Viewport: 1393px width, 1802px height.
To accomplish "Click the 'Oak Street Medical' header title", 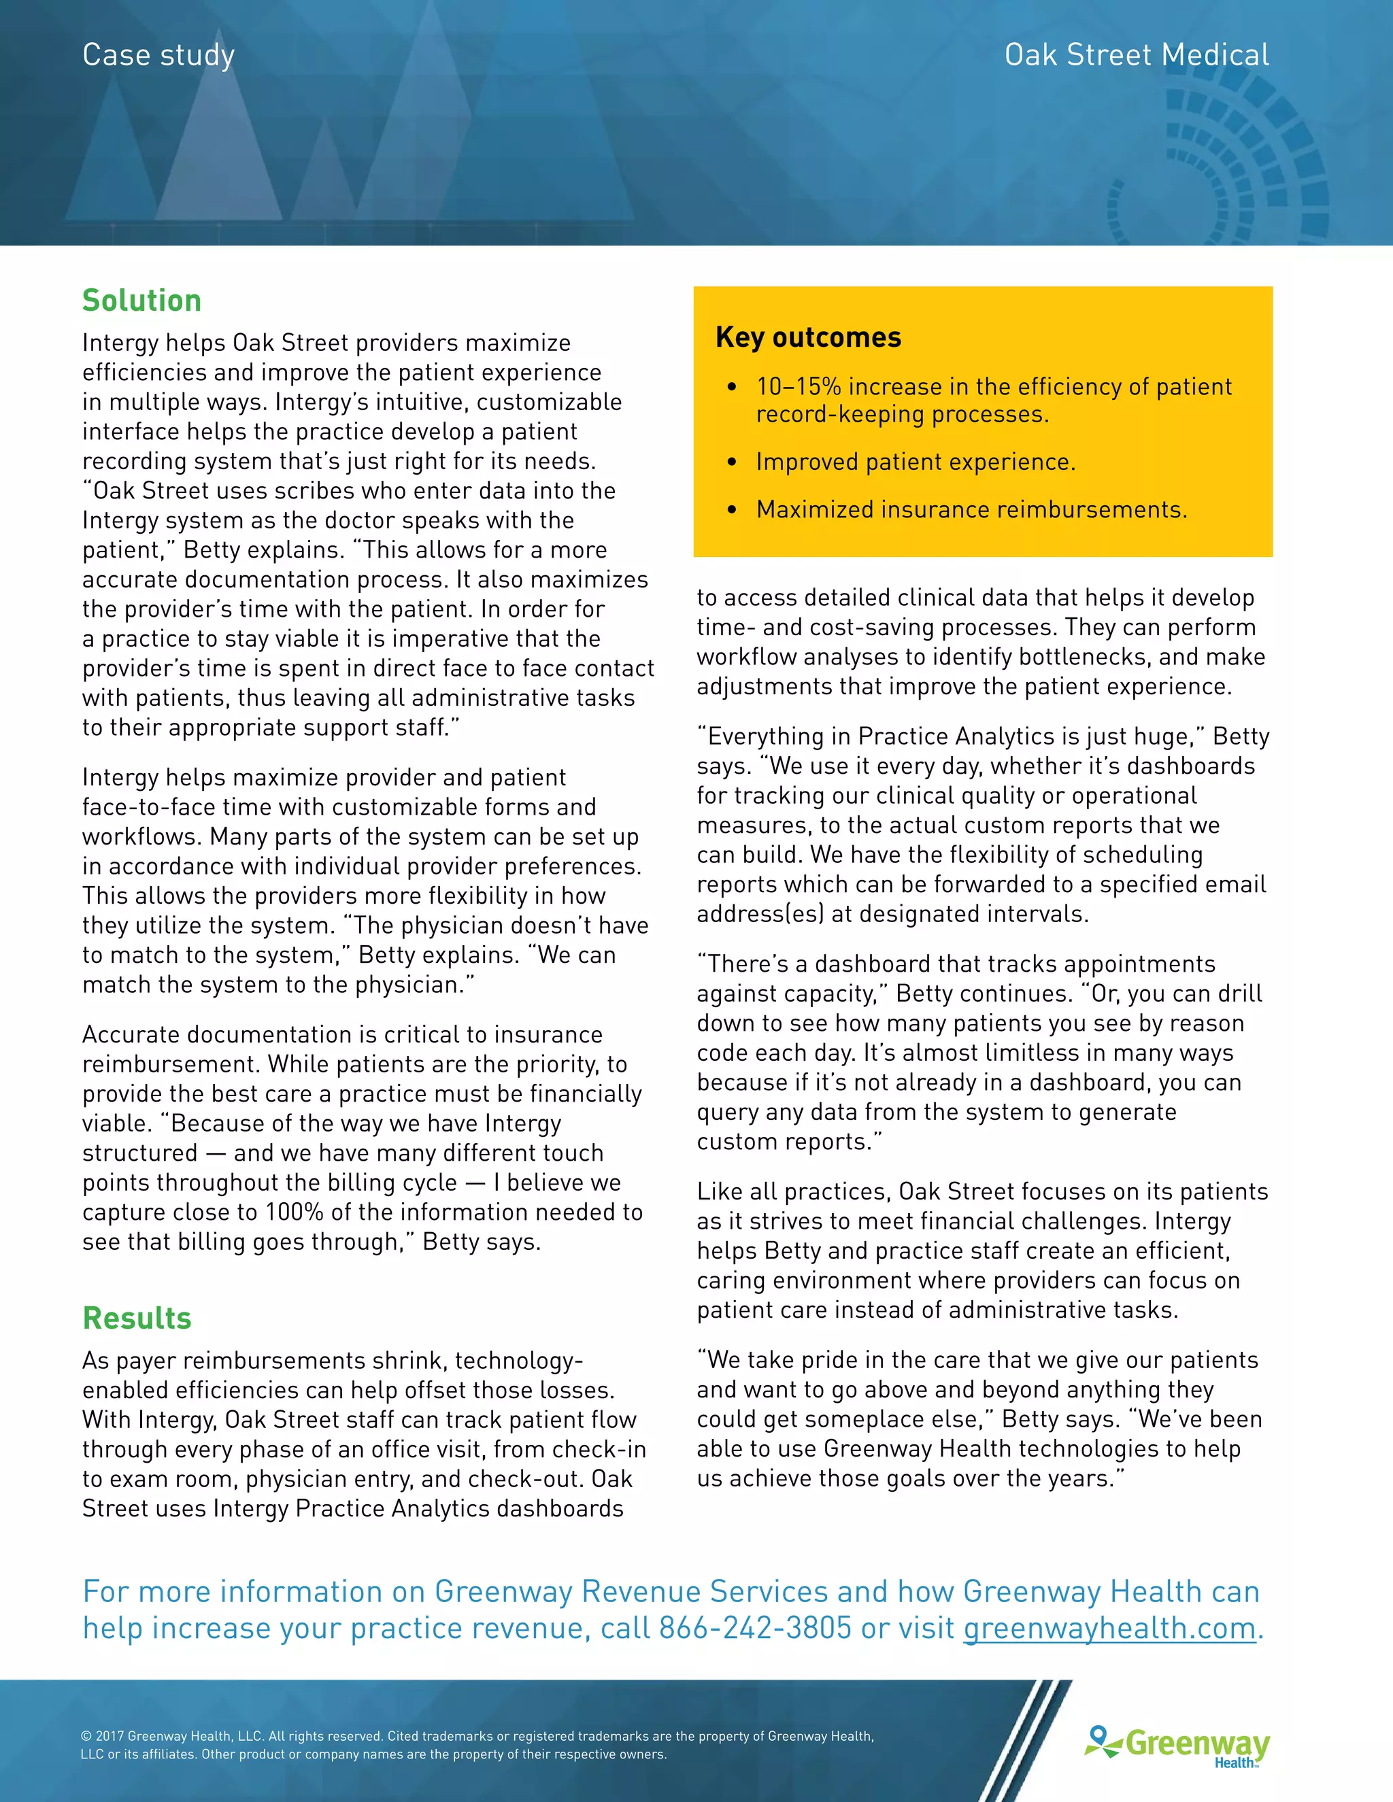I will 1137,55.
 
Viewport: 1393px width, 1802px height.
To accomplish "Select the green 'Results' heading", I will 137,1318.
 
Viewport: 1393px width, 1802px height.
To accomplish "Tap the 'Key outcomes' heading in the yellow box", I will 808,337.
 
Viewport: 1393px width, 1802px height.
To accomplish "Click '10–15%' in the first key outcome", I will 798,386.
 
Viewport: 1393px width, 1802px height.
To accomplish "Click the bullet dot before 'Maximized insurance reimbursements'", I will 732,510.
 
